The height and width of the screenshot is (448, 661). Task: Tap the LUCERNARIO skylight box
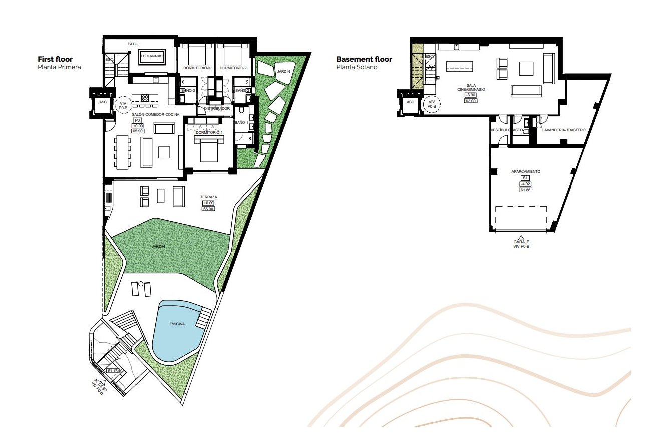click(x=151, y=56)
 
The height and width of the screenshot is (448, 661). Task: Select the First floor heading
click(x=55, y=59)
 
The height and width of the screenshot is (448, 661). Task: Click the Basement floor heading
click(x=364, y=59)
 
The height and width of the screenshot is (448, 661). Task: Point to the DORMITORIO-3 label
click(x=197, y=68)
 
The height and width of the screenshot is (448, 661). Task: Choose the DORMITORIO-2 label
click(x=233, y=68)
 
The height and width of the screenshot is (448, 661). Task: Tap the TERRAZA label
click(x=208, y=197)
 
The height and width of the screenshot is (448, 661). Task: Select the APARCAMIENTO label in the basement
click(x=525, y=171)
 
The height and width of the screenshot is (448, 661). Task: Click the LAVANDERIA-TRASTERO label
click(x=563, y=130)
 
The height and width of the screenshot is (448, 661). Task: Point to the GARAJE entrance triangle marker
click(x=521, y=238)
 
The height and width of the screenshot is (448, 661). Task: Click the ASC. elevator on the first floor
click(x=103, y=102)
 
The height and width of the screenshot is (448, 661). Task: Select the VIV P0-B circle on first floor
click(x=123, y=104)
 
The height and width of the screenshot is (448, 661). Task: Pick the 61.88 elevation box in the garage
click(x=525, y=190)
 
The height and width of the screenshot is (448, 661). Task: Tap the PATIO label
click(x=133, y=44)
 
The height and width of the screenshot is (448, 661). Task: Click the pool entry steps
click(x=203, y=318)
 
